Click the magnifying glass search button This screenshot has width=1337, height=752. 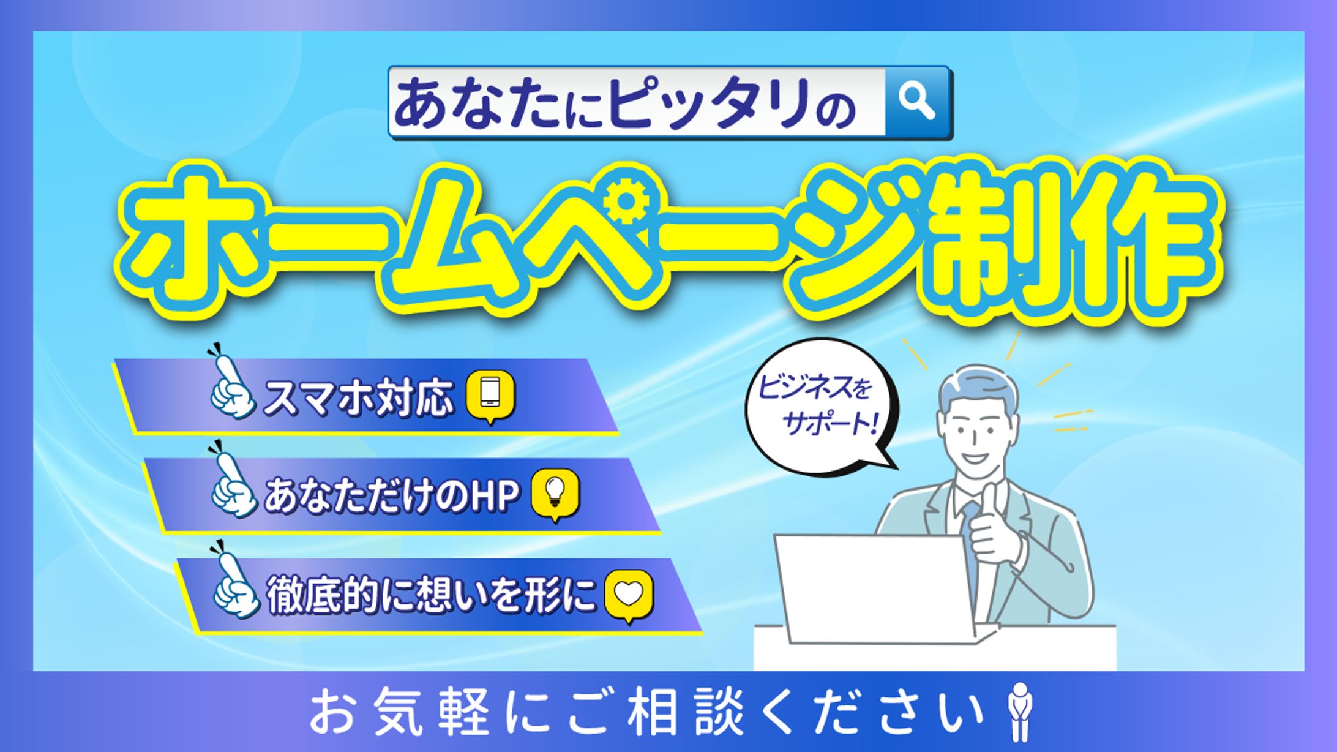[916, 101]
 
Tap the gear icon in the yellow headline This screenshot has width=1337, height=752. [624, 200]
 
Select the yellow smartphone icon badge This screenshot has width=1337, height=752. [490, 396]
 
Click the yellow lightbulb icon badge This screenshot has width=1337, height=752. [555, 495]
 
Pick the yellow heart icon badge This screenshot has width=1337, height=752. [629, 596]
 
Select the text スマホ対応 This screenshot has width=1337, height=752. [359, 398]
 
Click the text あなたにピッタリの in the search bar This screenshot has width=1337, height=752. [624, 103]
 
